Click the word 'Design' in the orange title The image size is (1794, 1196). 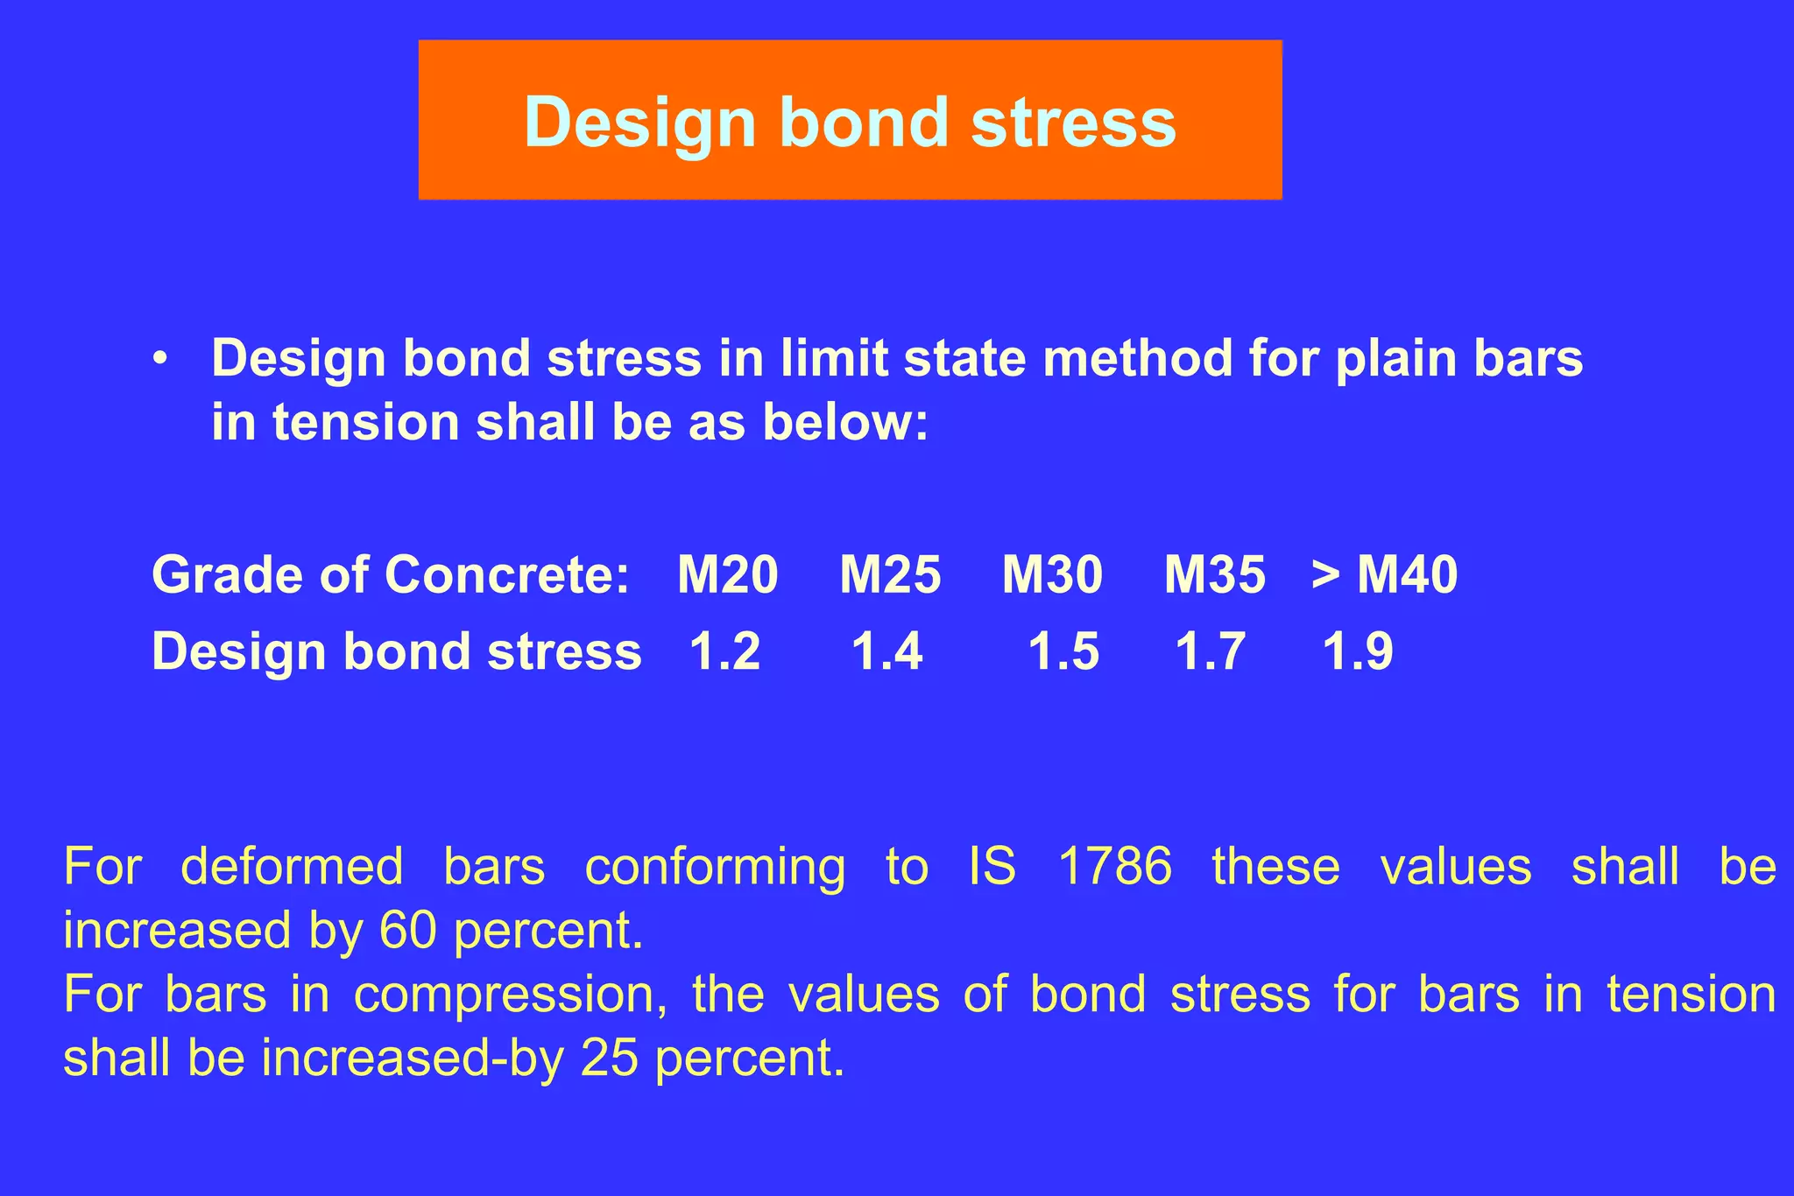click(639, 123)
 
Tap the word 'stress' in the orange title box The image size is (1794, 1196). click(1073, 122)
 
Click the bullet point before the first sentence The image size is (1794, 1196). click(159, 360)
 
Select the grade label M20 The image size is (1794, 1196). click(727, 575)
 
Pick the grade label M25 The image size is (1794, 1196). click(890, 575)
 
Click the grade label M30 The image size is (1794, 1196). click(1052, 575)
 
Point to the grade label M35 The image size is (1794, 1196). click(1214, 575)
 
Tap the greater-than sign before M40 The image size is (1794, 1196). click(1325, 575)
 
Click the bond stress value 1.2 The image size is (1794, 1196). click(724, 651)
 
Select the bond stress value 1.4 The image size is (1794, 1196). click(886, 651)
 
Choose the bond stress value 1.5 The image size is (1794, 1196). click(1063, 651)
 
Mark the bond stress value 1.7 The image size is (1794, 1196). click(1210, 651)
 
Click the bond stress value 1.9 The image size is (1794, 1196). click(1357, 651)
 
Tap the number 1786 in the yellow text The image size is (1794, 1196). click(1114, 866)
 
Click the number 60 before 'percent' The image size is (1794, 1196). click(407, 930)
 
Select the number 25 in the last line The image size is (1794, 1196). click(609, 1058)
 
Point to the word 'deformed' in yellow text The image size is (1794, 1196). click(292, 866)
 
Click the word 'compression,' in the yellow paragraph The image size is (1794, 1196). click(510, 995)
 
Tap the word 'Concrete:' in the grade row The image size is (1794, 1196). click(506, 575)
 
